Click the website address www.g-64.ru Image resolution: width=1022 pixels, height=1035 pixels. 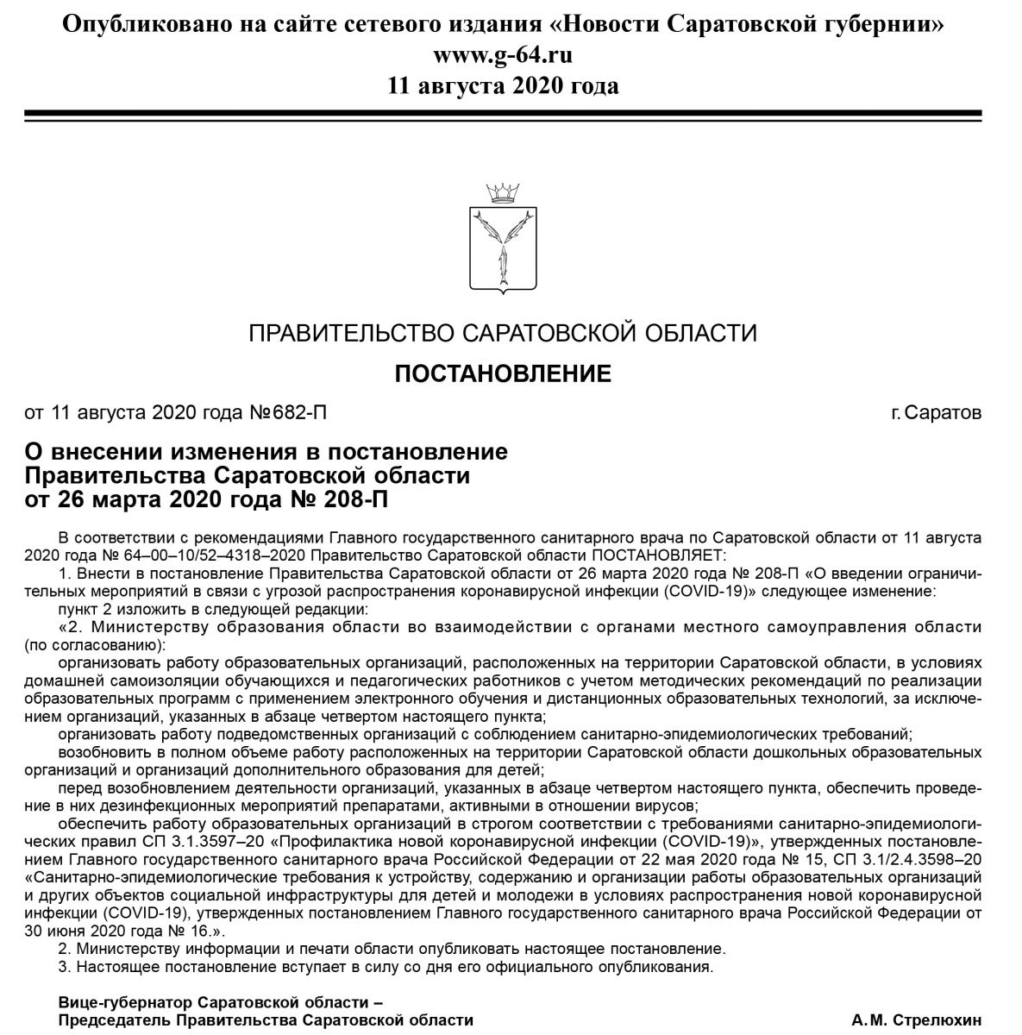point(503,55)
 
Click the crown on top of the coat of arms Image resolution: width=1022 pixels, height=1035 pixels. point(504,190)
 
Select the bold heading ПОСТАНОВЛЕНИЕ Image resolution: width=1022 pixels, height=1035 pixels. point(503,373)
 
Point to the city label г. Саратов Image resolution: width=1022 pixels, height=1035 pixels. point(936,412)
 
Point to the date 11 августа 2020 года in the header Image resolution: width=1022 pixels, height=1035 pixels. point(503,85)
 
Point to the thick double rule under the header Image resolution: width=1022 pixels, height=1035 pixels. point(503,116)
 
